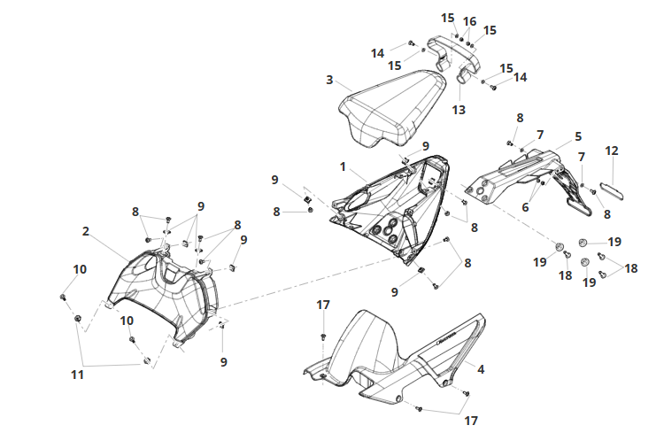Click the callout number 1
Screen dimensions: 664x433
click(343, 167)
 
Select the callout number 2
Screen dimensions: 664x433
click(86, 231)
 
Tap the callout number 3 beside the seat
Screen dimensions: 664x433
click(329, 80)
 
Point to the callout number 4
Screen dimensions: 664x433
click(481, 369)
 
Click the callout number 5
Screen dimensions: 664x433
click(578, 136)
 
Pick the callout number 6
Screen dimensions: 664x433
click(526, 206)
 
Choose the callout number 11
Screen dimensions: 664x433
click(78, 375)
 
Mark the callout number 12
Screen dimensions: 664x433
click(612, 151)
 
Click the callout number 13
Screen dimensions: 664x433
click(459, 110)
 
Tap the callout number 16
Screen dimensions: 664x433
click(469, 21)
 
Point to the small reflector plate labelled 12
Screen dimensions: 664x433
click(613, 189)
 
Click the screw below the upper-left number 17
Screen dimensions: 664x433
click(323, 336)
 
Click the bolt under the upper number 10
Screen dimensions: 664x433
click(63, 297)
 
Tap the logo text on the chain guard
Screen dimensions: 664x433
click(446, 336)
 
